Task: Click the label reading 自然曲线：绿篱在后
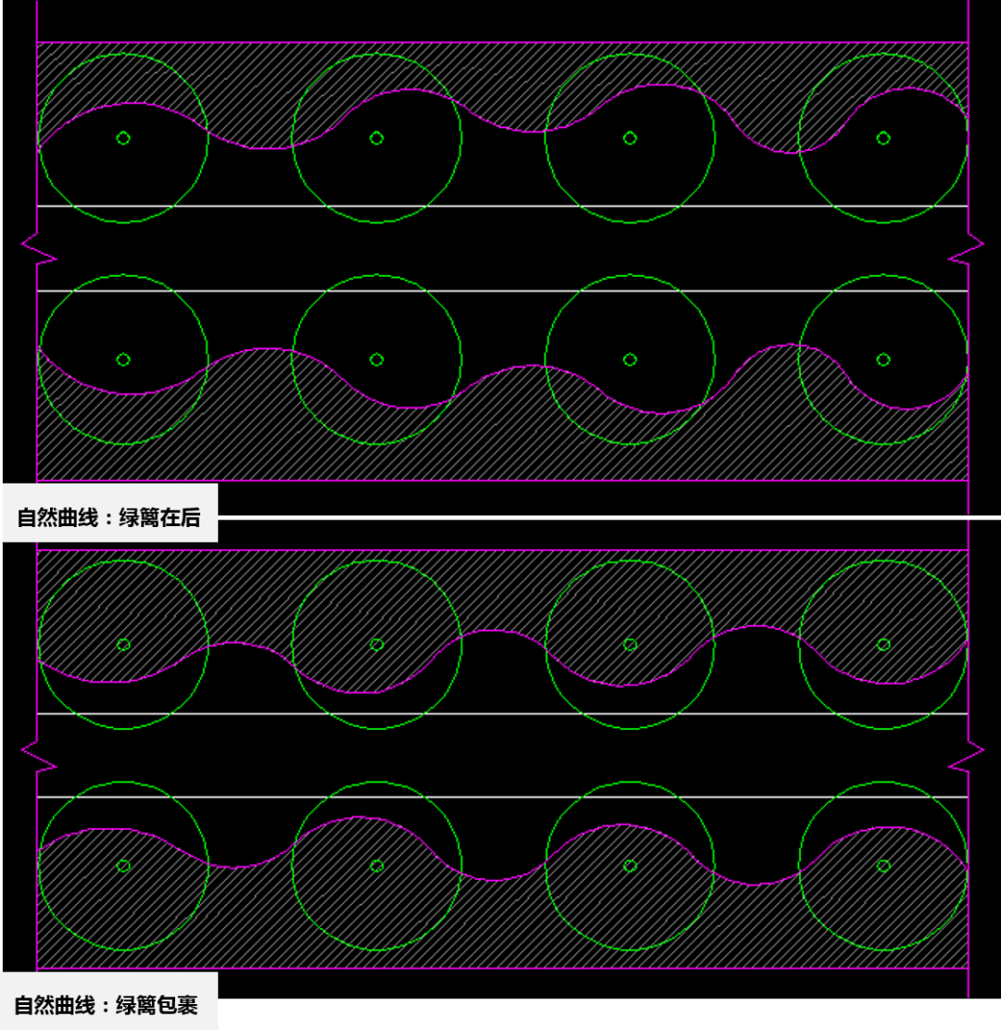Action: click(109, 518)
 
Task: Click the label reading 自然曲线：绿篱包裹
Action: click(107, 1005)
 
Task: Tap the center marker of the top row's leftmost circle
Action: click(123, 138)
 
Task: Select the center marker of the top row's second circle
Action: click(376, 138)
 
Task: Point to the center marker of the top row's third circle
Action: click(630, 138)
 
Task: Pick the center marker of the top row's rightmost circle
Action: click(883, 138)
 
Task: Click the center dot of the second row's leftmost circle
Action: click(123, 359)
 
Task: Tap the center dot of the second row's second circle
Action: click(376, 359)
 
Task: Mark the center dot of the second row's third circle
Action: click(630, 359)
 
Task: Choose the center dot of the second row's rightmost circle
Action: click(883, 359)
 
